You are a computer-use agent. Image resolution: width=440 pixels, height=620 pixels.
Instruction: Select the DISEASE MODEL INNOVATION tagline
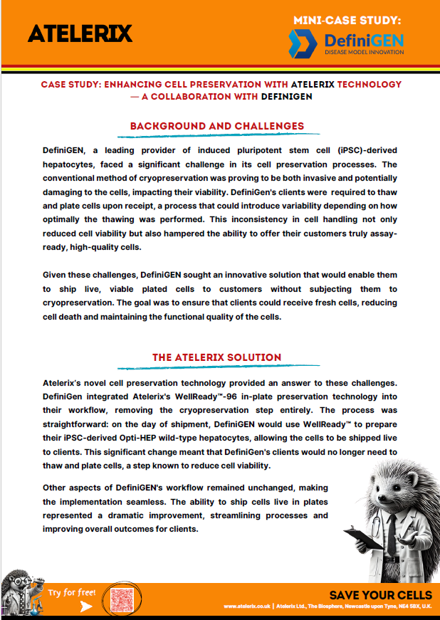point(363,53)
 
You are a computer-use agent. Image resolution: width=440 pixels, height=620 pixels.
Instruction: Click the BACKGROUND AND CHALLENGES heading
point(217,127)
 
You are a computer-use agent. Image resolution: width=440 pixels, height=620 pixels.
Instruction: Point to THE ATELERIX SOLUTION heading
point(217,357)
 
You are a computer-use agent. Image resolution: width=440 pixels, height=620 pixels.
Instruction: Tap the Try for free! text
point(71,592)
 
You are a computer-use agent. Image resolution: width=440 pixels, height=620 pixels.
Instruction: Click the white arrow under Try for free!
point(86,606)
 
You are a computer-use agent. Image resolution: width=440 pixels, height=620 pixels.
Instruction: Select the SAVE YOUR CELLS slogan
point(380,594)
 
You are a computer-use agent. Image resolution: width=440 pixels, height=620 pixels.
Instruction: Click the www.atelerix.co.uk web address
point(247,606)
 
